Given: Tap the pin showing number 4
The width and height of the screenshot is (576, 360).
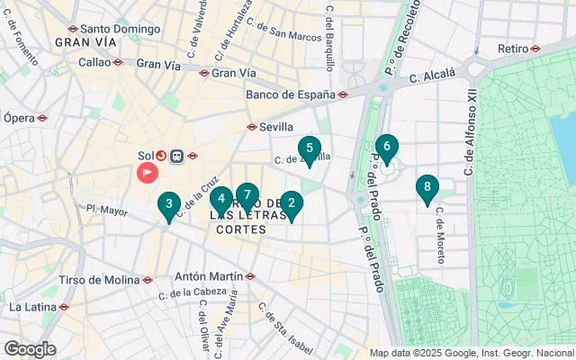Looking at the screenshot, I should coord(221,200).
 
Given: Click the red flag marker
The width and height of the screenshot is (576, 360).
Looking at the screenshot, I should coord(146,172).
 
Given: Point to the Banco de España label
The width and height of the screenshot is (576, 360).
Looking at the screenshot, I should coord(290,94).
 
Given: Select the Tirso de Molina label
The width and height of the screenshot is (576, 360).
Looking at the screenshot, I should coord(94,280).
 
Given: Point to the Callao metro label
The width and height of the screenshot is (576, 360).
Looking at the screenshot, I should coord(94,62).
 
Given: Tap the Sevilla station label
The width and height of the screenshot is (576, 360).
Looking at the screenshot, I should coord(276,127).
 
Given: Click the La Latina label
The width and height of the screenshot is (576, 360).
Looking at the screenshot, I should coord(31,307).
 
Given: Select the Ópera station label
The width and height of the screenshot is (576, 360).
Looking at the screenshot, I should coord(19,117).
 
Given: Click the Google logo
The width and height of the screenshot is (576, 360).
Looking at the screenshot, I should coord(30,349).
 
